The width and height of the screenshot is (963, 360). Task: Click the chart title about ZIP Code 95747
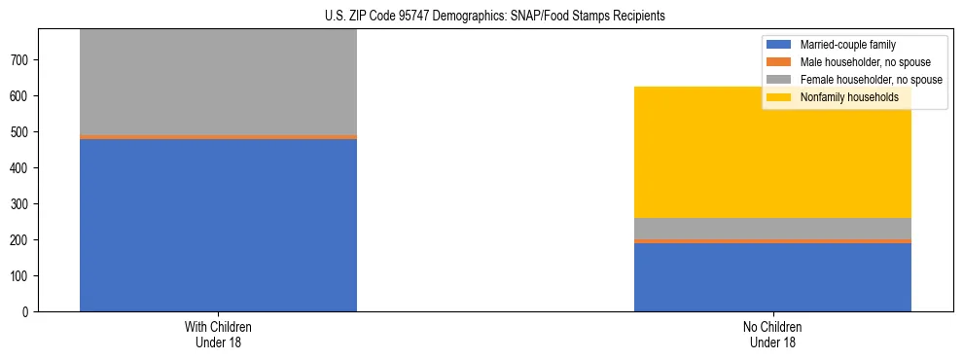pyautogui.click(x=495, y=17)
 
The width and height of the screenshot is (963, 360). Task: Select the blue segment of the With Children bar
pyautogui.click(x=218, y=225)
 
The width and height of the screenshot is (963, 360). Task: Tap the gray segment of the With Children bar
pyautogui.click(x=218, y=83)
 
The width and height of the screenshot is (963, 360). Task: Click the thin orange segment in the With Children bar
pyautogui.click(x=218, y=137)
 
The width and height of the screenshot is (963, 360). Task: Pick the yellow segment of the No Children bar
pyautogui.click(x=772, y=152)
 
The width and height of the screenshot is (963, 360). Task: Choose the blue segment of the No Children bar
pyautogui.click(x=772, y=277)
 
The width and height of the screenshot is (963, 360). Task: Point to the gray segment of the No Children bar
pyautogui.click(x=772, y=228)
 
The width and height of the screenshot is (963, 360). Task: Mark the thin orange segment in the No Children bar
pyautogui.click(x=772, y=240)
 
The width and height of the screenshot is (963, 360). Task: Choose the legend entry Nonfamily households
pyautogui.click(x=842, y=97)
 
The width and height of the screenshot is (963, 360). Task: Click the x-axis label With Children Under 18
pyautogui.click(x=218, y=334)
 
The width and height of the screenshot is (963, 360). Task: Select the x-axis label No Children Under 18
pyautogui.click(x=772, y=334)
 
